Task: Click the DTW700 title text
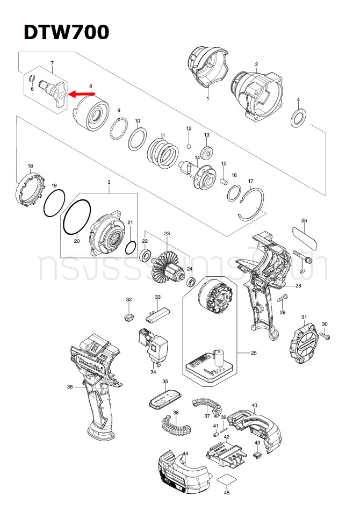point(66,32)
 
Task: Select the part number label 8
point(91,86)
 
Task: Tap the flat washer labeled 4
point(298,117)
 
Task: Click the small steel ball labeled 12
point(189,145)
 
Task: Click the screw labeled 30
point(324,335)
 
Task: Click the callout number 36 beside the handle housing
point(69,387)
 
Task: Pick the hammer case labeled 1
point(207,70)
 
